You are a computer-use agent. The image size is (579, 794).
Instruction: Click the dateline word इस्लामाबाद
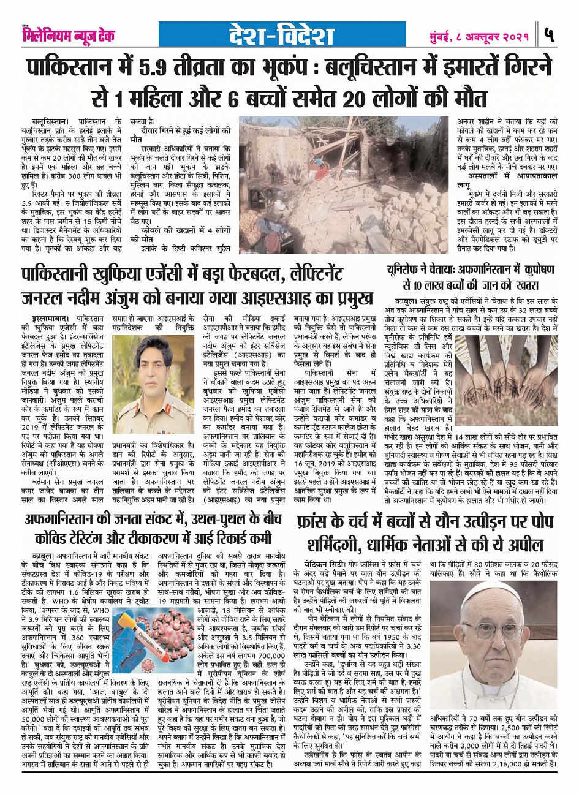50,319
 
